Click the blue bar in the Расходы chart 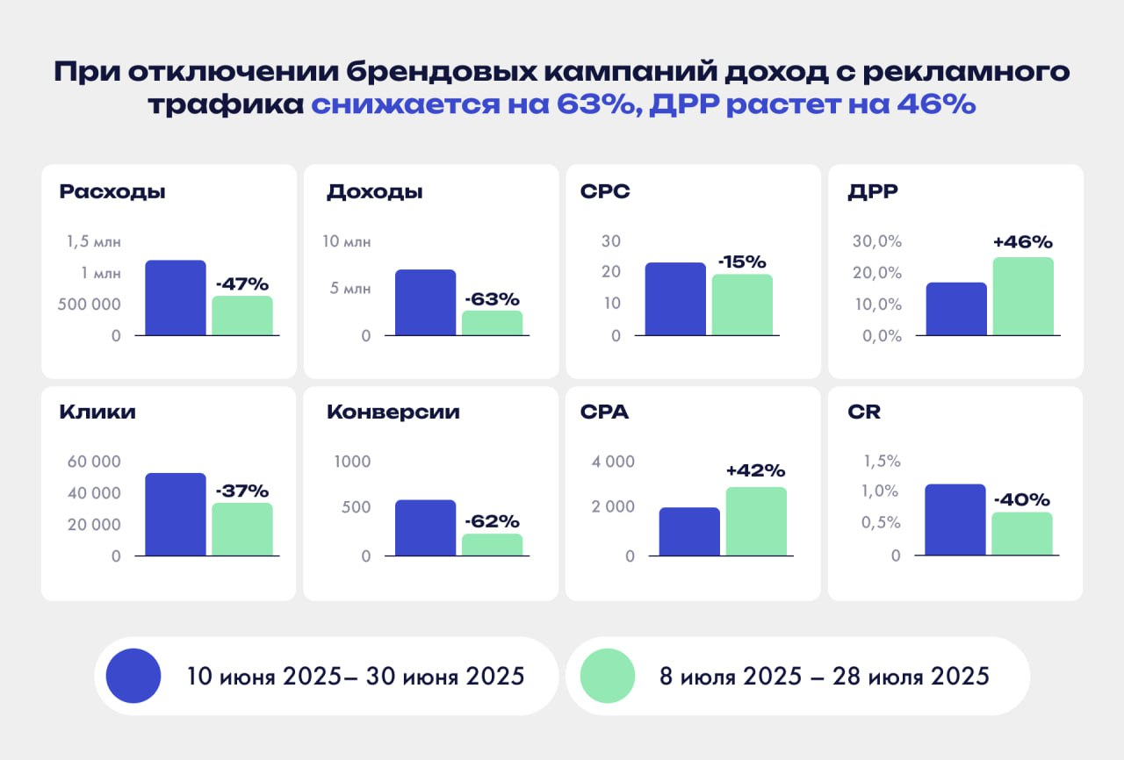176,298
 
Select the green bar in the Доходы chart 492,323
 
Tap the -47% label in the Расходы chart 241,284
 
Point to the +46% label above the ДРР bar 1023,242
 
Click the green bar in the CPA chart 756,521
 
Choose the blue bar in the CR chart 955,520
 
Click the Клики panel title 97,412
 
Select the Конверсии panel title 393,412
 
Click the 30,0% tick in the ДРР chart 877,241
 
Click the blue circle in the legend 133,677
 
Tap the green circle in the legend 607,677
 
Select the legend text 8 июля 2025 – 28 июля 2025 825,678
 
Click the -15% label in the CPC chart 742,262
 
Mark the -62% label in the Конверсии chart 493,521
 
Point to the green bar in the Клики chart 242,529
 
